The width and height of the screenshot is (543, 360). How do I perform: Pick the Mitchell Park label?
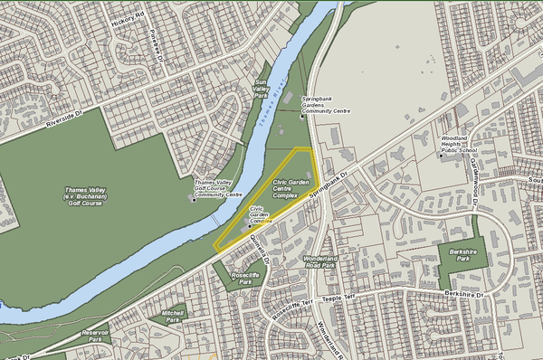(172, 316)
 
